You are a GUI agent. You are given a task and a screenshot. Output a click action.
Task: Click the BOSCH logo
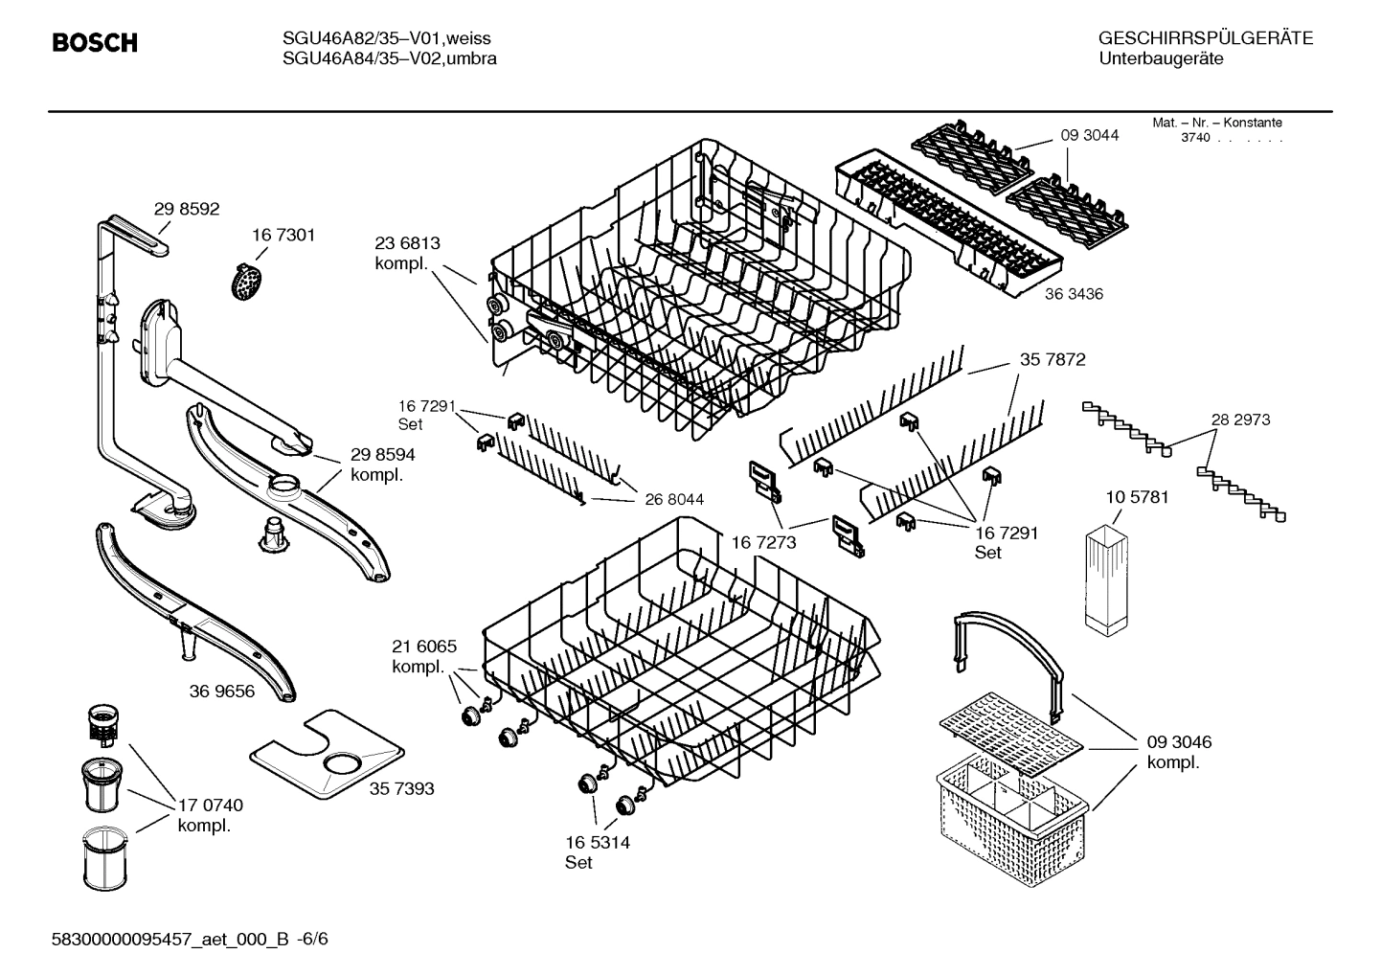point(94,43)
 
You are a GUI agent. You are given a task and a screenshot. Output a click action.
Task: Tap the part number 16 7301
point(283,235)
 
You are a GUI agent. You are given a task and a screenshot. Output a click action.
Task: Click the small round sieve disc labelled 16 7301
point(247,282)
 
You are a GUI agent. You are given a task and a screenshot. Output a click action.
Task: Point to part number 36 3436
point(1074,294)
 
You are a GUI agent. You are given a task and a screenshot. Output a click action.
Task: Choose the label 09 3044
point(1089,135)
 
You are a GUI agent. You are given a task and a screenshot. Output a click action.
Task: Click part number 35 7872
point(1053,360)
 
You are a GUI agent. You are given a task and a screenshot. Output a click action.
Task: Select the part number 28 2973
point(1240,420)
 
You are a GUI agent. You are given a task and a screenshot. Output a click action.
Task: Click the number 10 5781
point(1137,497)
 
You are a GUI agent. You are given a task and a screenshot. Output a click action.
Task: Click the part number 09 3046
point(1179,742)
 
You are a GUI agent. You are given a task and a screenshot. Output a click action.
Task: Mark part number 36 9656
point(222,691)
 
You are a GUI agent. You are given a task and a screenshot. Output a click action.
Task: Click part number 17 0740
point(211,805)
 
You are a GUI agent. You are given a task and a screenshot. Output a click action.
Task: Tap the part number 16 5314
point(598,842)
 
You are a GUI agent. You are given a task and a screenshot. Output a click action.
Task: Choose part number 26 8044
point(674,499)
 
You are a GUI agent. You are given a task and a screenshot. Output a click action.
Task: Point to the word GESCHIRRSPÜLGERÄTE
point(1205,38)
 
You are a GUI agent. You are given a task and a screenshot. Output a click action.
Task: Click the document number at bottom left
point(189,939)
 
